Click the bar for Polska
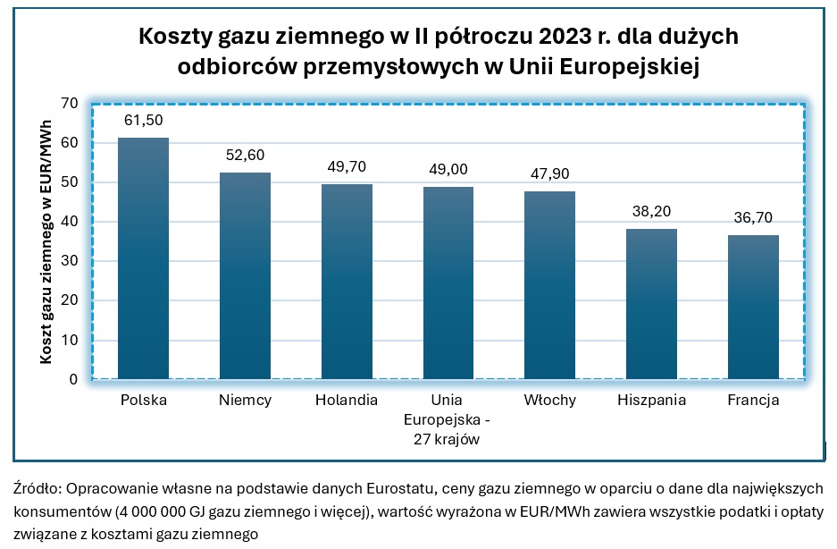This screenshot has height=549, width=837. coord(143,259)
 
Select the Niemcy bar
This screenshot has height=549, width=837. coord(245,276)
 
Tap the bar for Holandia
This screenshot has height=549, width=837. coord(347,282)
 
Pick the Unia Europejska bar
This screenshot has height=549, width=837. coord(448,283)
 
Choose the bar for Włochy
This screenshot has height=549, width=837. coord(549,285)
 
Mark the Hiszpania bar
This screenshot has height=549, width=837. coord(651,304)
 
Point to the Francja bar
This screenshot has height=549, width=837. coord(753,308)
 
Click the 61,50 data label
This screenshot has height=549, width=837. coord(143,121)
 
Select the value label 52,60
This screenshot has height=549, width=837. coord(245,156)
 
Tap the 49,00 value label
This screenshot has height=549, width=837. coord(448,170)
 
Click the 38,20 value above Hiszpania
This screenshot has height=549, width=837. coord(651,212)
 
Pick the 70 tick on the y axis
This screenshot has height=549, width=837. coord(69,104)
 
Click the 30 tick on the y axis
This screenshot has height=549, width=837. coord(69,261)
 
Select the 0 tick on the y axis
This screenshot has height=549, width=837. coord(74,380)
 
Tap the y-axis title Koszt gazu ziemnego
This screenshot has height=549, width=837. coord(44,241)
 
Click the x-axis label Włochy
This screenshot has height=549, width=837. coord(549,401)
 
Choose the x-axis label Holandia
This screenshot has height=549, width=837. coord(347,401)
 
